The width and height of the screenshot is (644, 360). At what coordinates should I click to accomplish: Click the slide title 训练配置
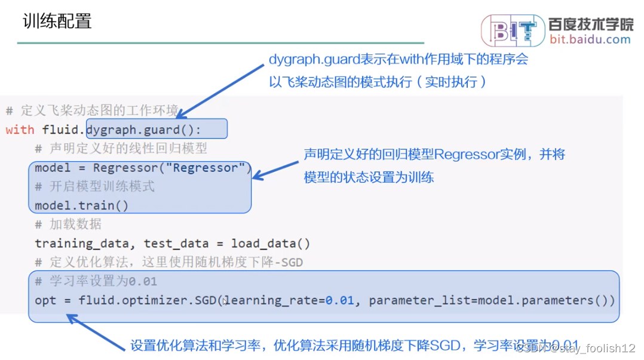pyautogui.click(x=57, y=21)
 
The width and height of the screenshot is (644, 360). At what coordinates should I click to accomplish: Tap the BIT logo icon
pyautogui.click(x=513, y=30)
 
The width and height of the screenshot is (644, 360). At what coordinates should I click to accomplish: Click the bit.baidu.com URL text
pyautogui.click(x=590, y=39)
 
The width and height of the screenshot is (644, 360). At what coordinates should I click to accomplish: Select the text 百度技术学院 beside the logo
pyautogui.click(x=590, y=24)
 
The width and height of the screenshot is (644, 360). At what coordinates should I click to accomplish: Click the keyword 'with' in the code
pyautogui.click(x=20, y=130)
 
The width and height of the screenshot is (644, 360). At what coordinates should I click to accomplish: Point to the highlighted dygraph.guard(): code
pyautogui.click(x=144, y=130)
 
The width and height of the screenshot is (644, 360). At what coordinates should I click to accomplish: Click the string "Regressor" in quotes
pyautogui.click(x=209, y=168)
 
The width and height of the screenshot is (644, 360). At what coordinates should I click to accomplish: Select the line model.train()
pyautogui.click(x=82, y=206)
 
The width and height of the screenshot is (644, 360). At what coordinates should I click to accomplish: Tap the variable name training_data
pyautogui.click(x=81, y=244)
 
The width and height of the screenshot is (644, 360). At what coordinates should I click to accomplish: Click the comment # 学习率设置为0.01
pyautogui.click(x=96, y=281)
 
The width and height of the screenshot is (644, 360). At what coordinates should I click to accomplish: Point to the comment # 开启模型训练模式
pyautogui.click(x=94, y=187)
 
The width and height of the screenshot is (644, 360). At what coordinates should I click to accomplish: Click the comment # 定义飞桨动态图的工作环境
pyautogui.click(x=92, y=110)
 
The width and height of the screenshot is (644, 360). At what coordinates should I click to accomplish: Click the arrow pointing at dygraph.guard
pyautogui.click(x=222, y=89)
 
